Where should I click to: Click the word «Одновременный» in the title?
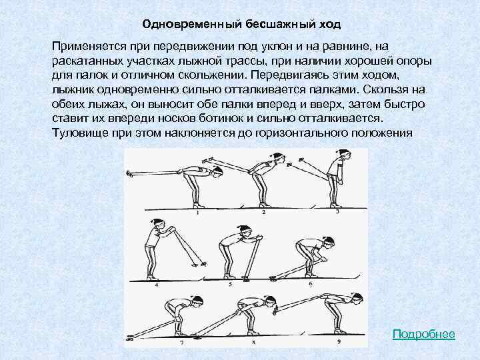pos(179,25)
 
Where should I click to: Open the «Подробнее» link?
pos(423,333)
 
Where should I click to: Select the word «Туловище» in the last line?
pos(79,133)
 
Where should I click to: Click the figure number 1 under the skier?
pos(198,213)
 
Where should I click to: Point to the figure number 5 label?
pos(229,283)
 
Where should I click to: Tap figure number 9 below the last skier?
pos(339,342)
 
